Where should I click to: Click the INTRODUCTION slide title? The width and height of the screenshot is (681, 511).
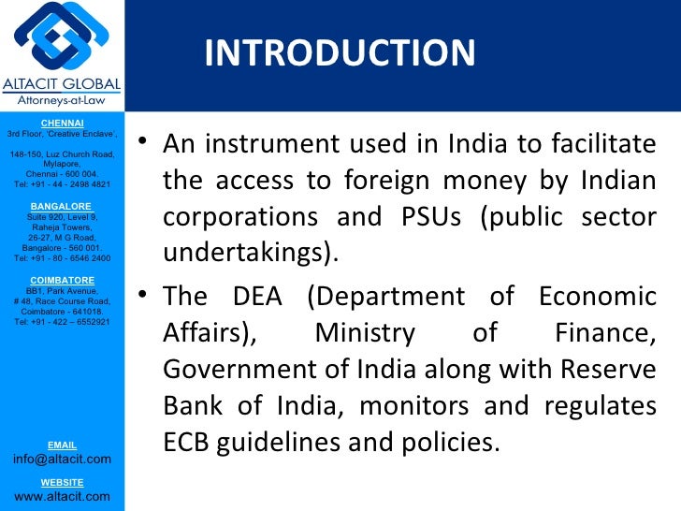tap(340, 52)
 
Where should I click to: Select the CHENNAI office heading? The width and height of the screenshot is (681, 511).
tap(62, 123)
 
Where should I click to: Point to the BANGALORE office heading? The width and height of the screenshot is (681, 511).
tap(62, 205)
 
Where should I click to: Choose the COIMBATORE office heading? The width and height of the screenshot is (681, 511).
tap(62, 280)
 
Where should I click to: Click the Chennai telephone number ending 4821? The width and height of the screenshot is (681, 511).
tap(62, 184)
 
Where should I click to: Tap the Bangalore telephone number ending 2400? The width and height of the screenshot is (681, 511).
tap(62, 257)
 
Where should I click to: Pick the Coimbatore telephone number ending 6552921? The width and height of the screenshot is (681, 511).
tap(62, 322)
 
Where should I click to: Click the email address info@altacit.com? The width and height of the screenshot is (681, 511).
tap(62, 459)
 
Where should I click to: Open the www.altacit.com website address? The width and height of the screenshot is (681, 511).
tap(62, 496)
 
